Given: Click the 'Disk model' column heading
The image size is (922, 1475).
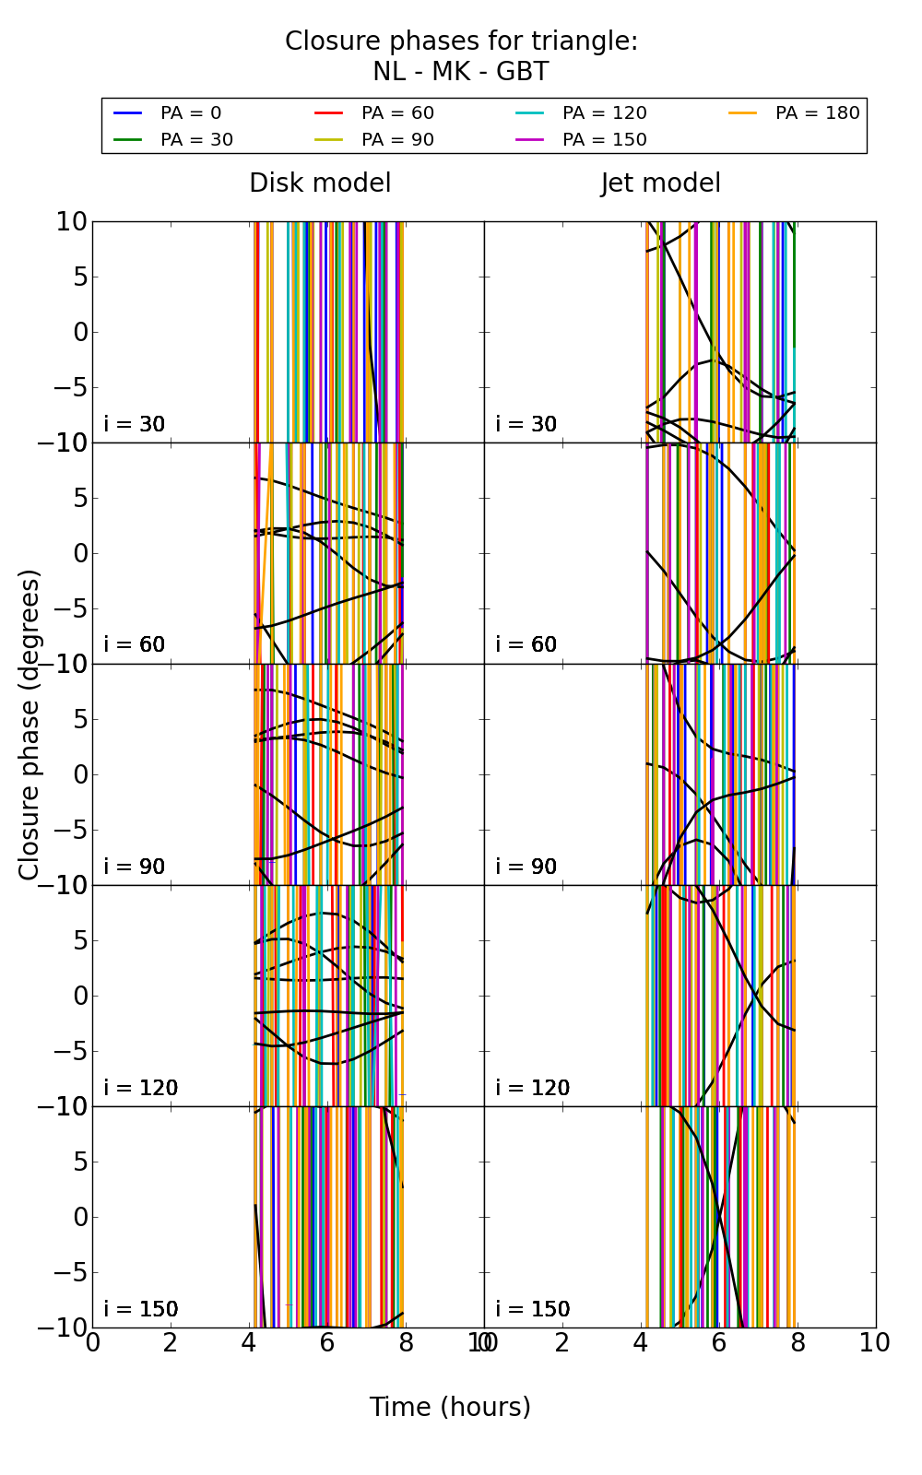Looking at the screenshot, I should point(320,183).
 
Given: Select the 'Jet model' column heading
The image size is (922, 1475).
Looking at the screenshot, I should point(660,183).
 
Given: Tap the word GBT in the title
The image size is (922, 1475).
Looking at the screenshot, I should point(522,72).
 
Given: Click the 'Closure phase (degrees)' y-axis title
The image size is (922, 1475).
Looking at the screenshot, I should point(30,725).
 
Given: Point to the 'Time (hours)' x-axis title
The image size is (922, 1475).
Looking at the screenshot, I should point(450,1408).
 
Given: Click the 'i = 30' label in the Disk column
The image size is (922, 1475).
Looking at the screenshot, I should point(135,424).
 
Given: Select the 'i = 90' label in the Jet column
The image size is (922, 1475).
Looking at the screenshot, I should point(526,867).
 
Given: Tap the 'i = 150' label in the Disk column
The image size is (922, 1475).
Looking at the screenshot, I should point(141,1309).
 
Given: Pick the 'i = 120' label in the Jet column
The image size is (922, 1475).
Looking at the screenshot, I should point(532,1088).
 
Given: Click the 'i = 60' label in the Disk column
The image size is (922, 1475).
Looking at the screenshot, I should point(135,644).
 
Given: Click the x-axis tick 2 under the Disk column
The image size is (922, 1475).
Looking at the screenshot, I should point(171,1343).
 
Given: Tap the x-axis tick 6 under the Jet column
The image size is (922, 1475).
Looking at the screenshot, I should point(719,1343).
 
